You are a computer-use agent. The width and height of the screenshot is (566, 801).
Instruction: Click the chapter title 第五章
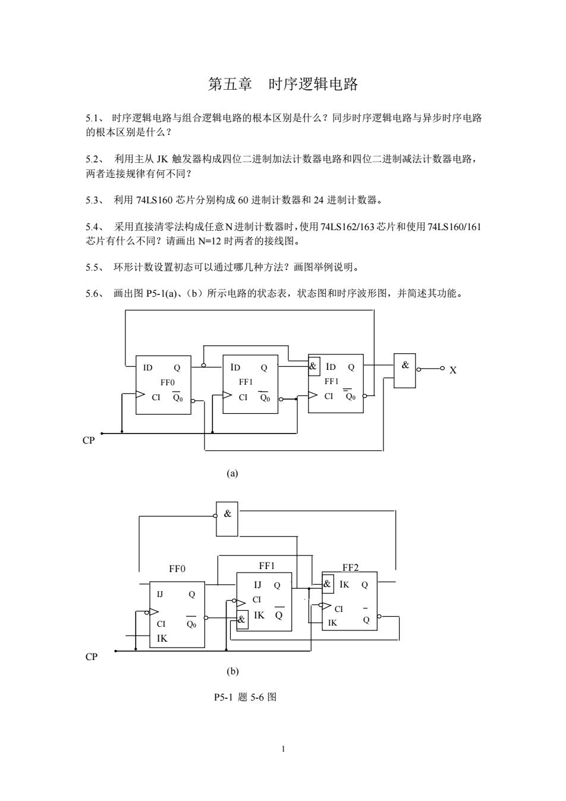[230, 84]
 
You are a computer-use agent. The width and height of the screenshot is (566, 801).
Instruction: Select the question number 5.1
[93, 118]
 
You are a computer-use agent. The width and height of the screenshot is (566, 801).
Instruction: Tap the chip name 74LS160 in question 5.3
[155, 200]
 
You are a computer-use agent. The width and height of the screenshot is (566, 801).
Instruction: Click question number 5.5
[93, 267]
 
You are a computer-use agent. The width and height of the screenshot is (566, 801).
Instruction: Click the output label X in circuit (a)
[452, 370]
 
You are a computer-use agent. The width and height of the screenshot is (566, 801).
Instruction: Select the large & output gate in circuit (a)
[405, 371]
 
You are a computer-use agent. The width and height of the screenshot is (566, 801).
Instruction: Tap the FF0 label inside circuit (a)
[167, 382]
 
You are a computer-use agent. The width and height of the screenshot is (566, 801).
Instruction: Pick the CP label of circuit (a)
[89, 440]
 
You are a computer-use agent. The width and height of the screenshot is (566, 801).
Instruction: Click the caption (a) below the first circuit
[232, 473]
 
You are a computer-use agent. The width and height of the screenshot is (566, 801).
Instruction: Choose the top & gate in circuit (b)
[227, 519]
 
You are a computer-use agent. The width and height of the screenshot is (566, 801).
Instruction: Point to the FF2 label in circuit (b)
[350, 567]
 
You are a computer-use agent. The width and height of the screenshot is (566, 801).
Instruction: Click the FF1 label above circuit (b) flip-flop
[267, 566]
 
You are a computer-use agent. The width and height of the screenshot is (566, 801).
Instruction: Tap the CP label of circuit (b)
[91, 656]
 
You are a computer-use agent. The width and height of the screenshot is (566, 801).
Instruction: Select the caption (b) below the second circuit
[232, 671]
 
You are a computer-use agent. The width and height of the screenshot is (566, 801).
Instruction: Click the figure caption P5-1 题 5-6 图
[246, 697]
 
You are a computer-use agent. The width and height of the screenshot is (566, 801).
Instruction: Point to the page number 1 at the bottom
[283, 749]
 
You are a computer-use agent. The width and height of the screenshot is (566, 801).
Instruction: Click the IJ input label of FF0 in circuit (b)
[160, 594]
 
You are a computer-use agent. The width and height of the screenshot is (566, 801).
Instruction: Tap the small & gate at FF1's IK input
[242, 619]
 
